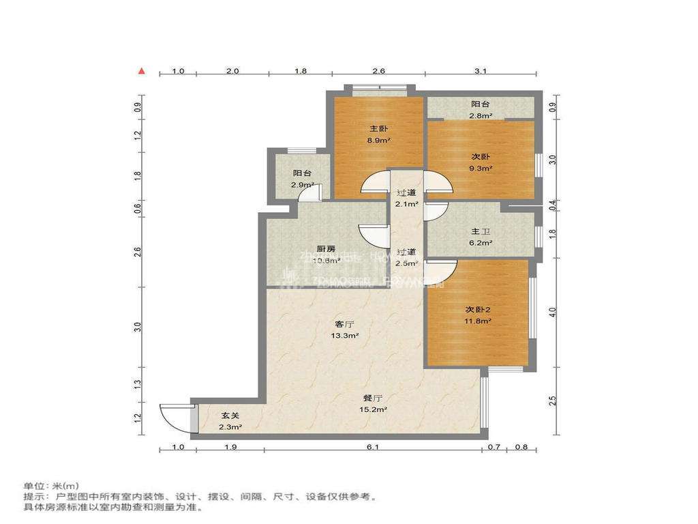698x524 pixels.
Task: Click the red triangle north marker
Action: [x=141, y=70]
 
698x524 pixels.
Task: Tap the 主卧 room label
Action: [x=378, y=129]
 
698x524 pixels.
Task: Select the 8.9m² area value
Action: [x=378, y=141]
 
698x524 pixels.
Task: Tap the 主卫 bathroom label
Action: [x=481, y=232]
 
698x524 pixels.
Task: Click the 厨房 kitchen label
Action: [x=325, y=248]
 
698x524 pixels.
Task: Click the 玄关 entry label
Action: [x=230, y=416]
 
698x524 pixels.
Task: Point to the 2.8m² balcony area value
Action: [x=481, y=116]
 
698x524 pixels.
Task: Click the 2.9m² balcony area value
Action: [x=303, y=185]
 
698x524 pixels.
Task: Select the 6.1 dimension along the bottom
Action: [x=372, y=447]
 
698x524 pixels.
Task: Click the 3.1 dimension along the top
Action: [x=480, y=71]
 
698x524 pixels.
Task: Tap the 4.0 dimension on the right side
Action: [x=553, y=312]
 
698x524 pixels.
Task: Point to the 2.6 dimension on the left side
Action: [x=138, y=251]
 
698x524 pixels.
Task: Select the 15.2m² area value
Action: [x=372, y=409]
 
